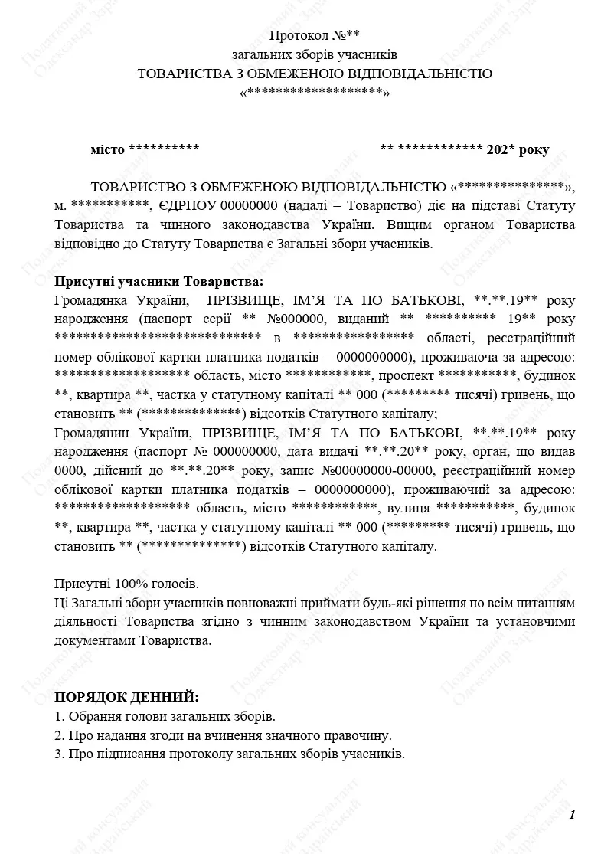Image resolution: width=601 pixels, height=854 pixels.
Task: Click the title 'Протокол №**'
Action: pos(314,35)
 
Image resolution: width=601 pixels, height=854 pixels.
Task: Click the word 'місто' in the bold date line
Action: pos(107,149)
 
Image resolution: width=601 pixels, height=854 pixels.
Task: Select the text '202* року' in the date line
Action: pos(518,149)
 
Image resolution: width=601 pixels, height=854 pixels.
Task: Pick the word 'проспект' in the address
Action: pos(407,375)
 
